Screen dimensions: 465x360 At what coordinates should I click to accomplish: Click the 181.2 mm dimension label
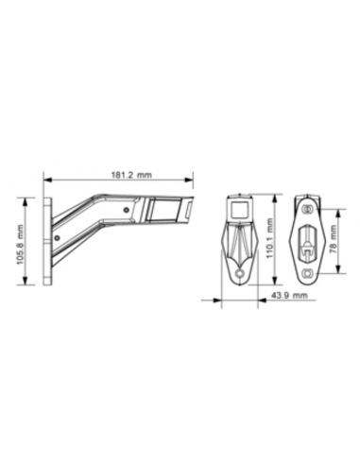(x=118, y=174)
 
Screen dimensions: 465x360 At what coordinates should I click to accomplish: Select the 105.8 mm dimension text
(x=22, y=243)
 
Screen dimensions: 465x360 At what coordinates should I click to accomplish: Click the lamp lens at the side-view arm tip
(x=187, y=211)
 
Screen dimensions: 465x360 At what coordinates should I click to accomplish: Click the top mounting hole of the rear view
(x=307, y=202)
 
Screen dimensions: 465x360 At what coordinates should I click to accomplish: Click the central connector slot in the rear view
(x=307, y=243)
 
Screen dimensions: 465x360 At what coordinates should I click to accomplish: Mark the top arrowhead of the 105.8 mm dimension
(x=28, y=198)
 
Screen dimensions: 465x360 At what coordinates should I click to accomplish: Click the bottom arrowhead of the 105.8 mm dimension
(x=28, y=286)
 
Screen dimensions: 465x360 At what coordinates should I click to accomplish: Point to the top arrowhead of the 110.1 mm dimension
(x=275, y=196)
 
